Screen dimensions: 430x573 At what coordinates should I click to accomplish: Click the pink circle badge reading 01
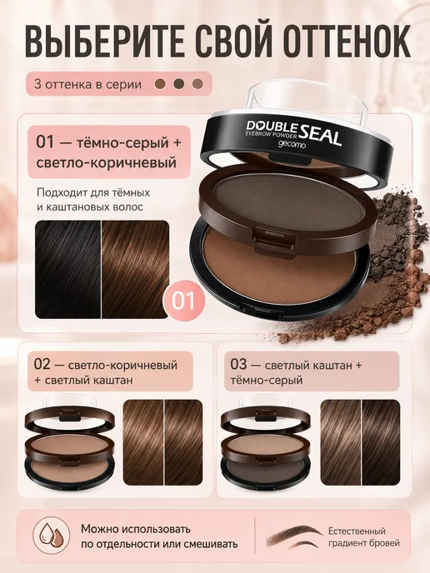(x=183, y=301)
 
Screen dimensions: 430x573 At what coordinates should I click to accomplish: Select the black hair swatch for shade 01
(x=68, y=269)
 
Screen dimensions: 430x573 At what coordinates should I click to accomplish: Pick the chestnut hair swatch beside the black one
(x=135, y=269)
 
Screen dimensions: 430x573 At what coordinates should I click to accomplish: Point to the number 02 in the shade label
(x=42, y=364)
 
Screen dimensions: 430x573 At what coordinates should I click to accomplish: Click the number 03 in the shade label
(x=239, y=364)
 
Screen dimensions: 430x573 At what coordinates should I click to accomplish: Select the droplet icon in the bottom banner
(x=52, y=536)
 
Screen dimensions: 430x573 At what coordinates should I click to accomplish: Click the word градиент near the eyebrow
(x=347, y=544)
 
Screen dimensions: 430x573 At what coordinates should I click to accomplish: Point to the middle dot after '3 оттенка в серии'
(x=178, y=84)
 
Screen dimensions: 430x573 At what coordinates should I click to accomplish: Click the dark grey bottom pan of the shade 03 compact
(x=266, y=469)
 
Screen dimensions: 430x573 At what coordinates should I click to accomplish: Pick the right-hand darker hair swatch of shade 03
(x=381, y=442)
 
